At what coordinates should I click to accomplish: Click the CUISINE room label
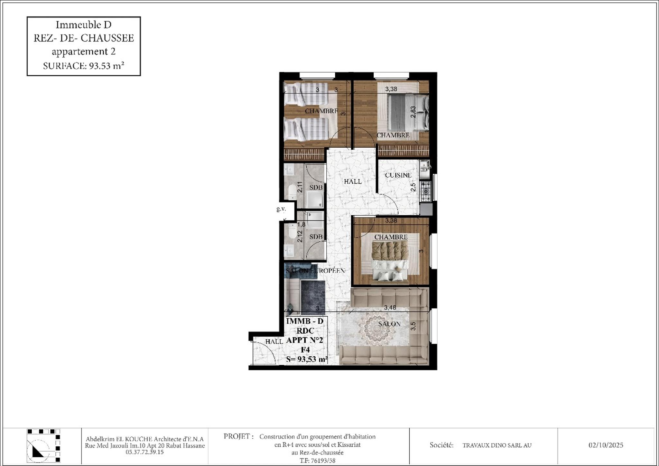[398, 175]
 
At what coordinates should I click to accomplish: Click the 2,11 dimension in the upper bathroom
[300, 187]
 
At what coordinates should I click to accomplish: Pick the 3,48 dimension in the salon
[390, 308]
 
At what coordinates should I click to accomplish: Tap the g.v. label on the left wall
[281, 209]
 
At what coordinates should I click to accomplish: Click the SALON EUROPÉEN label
[315, 271]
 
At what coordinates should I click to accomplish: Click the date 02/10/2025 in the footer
[606, 445]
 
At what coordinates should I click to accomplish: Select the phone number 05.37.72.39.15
[145, 452]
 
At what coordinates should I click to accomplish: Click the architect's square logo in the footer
[44, 446]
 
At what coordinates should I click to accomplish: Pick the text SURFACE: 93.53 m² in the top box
[84, 66]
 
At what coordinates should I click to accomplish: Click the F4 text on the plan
[305, 349]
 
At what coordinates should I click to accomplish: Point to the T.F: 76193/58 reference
[318, 461]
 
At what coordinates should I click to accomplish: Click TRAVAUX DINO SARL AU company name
[497, 445]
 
